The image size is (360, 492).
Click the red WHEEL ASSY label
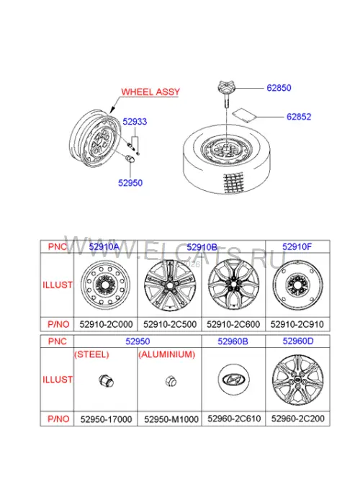pyautogui.click(x=150, y=91)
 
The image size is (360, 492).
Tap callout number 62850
pyautogui.click(x=279, y=88)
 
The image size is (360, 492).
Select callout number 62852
pyautogui.click(x=299, y=117)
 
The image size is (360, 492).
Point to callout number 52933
pyautogui.click(x=135, y=122)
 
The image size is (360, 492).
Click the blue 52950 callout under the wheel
pyautogui.click(x=130, y=183)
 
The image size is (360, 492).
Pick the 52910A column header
pyautogui.click(x=104, y=246)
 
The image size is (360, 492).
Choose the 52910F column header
pyautogui.click(x=297, y=246)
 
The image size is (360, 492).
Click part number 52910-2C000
pyautogui.click(x=106, y=324)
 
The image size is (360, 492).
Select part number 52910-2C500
pyautogui.click(x=170, y=324)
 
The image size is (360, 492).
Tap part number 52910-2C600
pyautogui.click(x=233, y=324)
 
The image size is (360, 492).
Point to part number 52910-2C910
pyautogui.click(x=297, y=324)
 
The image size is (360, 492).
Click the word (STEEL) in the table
pyautogui.click(x=91, y=354)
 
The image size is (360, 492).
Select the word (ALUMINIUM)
pyautogui.click(x=167, y=354)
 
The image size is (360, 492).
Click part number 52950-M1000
pyautogui.click(x=171, y=419)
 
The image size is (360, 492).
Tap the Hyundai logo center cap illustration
pyautogui.click(x=233, y=380)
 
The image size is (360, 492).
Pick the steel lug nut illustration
pyautogui.click(x=106, y=381)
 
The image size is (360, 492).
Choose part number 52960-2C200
pyautogui.click(x=298, y=419)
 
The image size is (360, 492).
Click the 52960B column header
pyautogui.click(x=233, y=341)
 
